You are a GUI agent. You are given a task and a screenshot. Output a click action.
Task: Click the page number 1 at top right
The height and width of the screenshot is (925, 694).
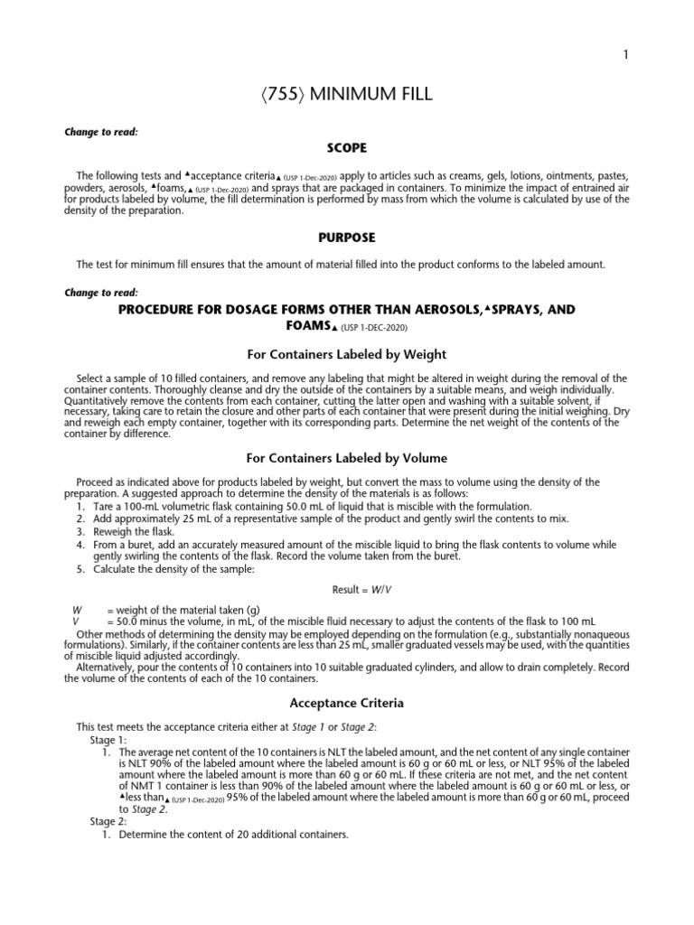tap(625, 55)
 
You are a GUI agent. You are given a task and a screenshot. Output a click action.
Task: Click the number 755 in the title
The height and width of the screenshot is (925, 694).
tap(288, 98)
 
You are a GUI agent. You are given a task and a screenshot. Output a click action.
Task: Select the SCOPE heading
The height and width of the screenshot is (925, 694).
tap(347, 148)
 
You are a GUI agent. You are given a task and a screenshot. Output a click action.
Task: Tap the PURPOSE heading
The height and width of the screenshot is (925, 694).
tap(347, 238)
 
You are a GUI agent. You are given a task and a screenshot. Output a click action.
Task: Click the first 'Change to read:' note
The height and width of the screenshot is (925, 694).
tap(100, 132)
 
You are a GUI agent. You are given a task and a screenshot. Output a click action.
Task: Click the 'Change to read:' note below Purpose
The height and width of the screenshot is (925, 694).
tap(100, 293)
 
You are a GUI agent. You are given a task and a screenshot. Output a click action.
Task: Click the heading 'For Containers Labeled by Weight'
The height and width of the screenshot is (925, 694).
tap(347, 353)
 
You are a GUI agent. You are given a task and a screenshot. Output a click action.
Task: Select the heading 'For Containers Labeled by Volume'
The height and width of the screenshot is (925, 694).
tap(347, 458)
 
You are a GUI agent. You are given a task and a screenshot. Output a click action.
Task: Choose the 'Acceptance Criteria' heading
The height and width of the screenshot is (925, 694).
tap(347, 702)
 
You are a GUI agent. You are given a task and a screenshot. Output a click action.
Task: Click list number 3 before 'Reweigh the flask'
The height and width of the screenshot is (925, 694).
tap(80, 532)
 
